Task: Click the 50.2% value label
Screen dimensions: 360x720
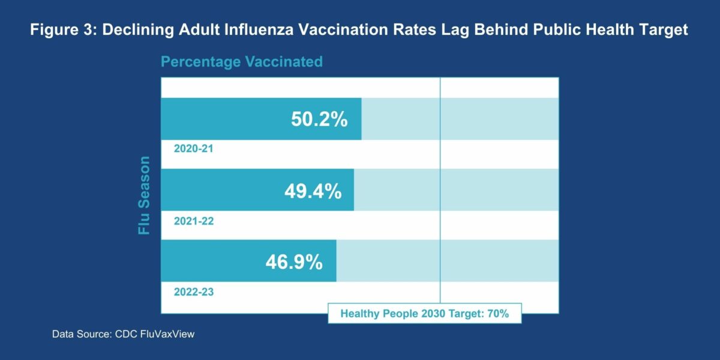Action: (319, 119)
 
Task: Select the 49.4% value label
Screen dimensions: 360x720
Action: (313, 191)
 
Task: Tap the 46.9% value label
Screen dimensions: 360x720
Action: (294, 262)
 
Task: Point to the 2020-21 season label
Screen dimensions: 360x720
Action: (194, 149)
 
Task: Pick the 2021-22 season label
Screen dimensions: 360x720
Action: (194, 221)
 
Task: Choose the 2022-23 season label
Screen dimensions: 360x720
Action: (194, 292)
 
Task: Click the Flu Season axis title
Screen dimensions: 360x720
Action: (144, 196)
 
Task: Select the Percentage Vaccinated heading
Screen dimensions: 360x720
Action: (241, 62)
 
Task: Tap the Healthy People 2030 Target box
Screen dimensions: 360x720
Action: (424, 313)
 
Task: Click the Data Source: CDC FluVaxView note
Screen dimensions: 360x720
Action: (123, 334)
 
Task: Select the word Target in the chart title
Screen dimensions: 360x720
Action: (661, 31)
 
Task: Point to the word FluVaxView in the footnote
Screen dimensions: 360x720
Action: (167, 334)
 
